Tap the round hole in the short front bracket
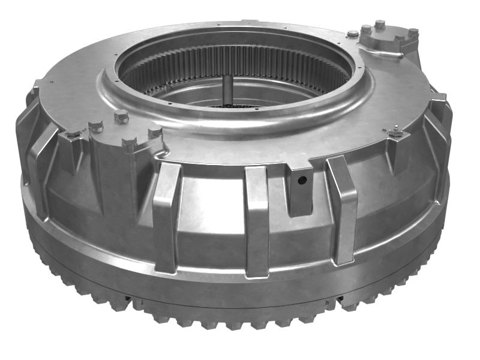pyautogui.click(x=302, y=180)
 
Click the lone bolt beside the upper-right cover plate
pyautogui.click(x=353, y=33)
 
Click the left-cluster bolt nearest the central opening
pyautogui.click(x=122, y=116)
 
